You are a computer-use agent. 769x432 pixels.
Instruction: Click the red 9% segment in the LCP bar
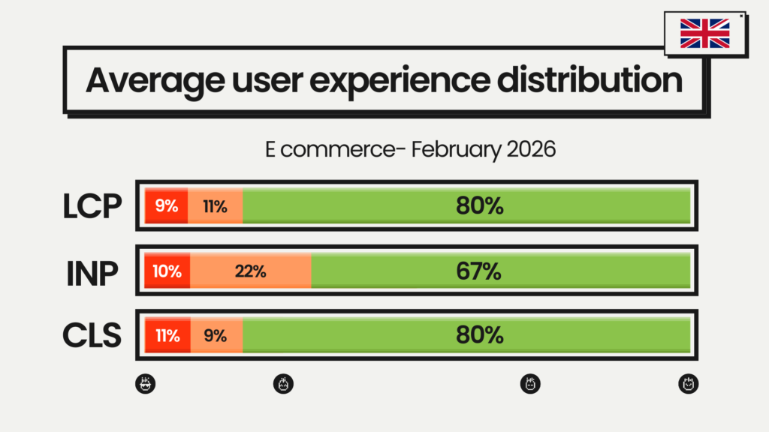(x=167, y=205)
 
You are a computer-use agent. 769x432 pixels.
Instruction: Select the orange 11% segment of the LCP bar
(x=216, y=205)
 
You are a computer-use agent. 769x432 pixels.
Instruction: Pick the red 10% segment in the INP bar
(x=167, y=271)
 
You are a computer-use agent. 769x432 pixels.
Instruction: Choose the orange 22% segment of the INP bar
(x=251, y=271)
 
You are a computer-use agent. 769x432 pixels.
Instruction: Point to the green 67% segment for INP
(x=500, y=271)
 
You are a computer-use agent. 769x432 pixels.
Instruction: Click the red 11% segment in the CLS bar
(x=167, y=335)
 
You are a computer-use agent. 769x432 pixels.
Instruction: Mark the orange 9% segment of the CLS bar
(x=216, y=335)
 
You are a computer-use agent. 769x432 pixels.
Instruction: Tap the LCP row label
(x=92, y=206)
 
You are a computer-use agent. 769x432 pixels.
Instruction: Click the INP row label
(x=92, y=271)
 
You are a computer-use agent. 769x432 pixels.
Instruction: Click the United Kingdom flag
(x=704, y=34)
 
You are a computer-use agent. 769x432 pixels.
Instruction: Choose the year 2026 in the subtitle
(x=529, y=149)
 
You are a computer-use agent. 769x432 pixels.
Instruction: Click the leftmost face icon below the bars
(x=146, y=385)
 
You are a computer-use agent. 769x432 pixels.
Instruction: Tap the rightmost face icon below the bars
(x=688, y=385)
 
